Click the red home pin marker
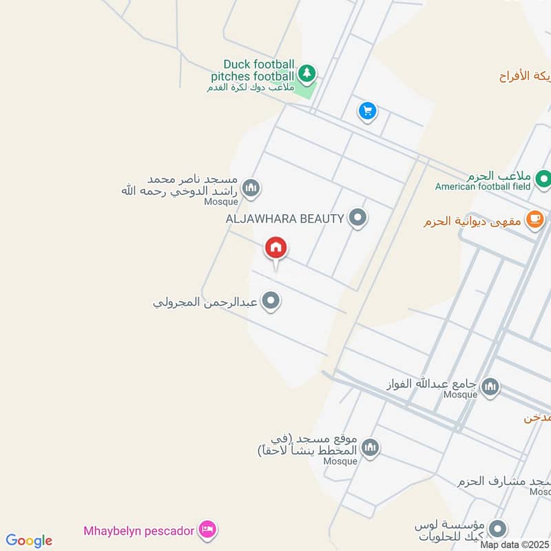pos(276,248)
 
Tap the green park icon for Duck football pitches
pos(306,72)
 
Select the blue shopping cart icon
pos(368,110)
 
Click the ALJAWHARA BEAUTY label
pos(284,219)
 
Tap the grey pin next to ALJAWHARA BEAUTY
pos(357,218)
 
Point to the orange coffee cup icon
pos(534,219)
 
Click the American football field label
pos(483,186)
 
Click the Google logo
pos(29,541)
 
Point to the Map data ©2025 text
pos(515,545)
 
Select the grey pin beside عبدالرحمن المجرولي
pos(271,301)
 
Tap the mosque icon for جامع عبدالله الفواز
pos(490,386)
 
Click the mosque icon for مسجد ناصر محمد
pos(252,187)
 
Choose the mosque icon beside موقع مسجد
pos(371,448)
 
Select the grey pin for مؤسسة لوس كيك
pos(498,529)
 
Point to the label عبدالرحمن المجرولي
pos(205,302)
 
